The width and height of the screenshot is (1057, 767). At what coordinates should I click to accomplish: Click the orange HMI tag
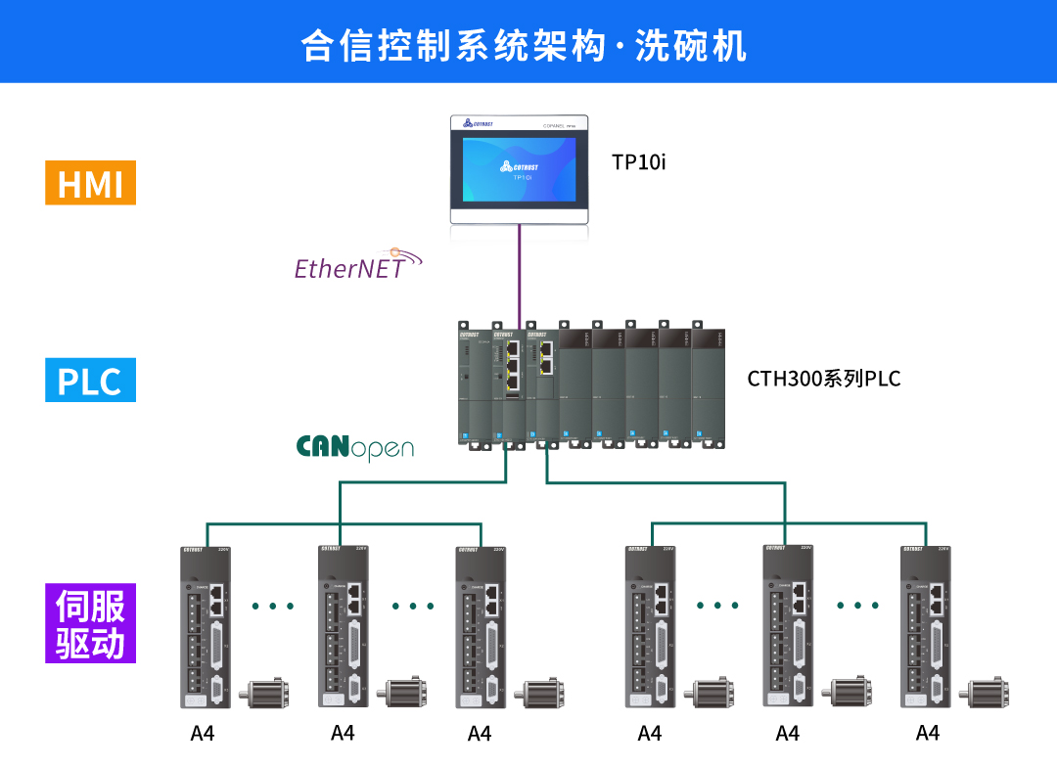(x=90, y=183)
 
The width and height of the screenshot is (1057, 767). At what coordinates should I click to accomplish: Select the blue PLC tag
(x=90, y=381)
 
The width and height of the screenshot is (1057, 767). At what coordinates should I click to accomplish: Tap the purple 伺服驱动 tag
(x=90, y=623)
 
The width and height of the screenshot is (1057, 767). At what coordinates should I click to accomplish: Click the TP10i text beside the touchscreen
(x=638, y=162)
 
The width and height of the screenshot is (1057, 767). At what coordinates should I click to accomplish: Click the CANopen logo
(x=354, y=447)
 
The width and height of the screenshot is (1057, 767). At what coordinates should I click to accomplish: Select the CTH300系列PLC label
(x=823, y=379)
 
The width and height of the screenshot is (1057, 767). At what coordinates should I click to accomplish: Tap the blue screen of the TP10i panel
(x=519, y=168)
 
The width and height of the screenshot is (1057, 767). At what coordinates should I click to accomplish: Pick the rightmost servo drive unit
(x=926, y=626)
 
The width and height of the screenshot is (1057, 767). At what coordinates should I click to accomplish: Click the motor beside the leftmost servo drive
(x=267, y=693)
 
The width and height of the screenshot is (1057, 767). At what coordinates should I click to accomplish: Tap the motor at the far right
(x=989, y=693)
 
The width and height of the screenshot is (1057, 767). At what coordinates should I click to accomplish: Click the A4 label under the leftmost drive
(x=203, y=733)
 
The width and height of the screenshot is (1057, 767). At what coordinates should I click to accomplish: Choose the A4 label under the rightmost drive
(x=927, y=733)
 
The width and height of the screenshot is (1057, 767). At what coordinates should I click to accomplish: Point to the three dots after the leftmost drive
(x=273, y=607)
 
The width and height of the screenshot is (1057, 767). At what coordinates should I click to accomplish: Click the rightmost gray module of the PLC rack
(x=710, y=383)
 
